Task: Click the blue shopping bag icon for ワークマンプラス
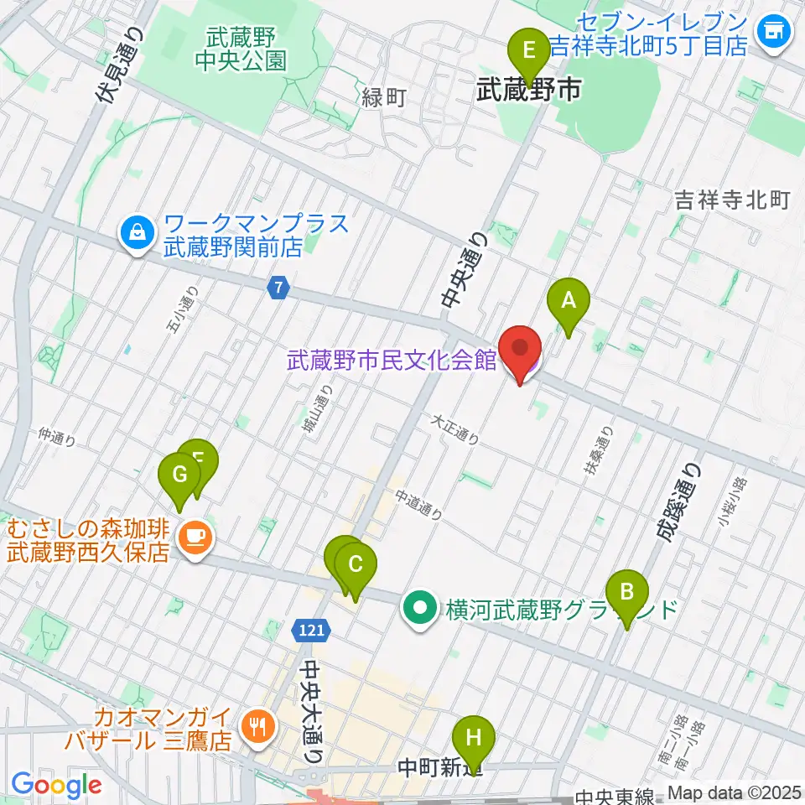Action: (x=137, y=235)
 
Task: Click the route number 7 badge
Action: (x=278, y=288)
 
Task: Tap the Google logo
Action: (x=57, y=785)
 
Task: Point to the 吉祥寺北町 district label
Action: (x=733, y=200)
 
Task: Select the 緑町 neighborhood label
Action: (x=383, y=98)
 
